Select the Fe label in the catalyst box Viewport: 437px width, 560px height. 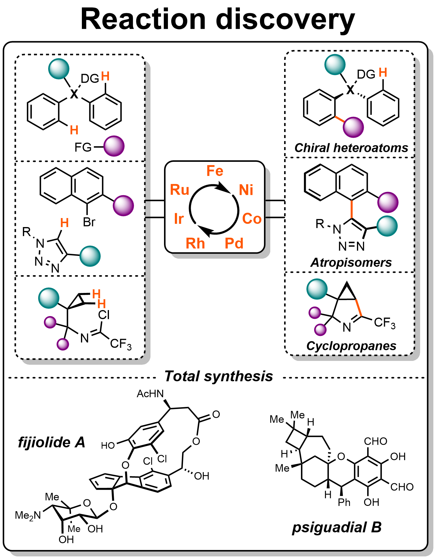215,171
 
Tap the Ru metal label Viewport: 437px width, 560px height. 180,190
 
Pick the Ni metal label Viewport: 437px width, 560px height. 246,190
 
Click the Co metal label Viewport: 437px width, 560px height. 252,219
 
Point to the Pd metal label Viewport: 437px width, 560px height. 234,243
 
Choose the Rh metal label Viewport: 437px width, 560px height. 195,243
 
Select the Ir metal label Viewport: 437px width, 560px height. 179,219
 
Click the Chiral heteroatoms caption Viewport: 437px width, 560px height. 351,148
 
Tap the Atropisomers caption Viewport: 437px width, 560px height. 351,263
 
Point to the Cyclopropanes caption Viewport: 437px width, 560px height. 351,346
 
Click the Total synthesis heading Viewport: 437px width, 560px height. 218,376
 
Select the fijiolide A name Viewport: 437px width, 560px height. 51,442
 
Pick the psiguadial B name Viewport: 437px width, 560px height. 337,527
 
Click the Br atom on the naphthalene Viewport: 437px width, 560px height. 89,222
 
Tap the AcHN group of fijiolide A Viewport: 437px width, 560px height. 150,394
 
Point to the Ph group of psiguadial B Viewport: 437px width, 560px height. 344,502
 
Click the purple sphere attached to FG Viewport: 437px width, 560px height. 114,146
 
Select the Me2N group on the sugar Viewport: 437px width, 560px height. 28,515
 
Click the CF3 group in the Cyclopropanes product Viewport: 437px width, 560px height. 384,323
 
